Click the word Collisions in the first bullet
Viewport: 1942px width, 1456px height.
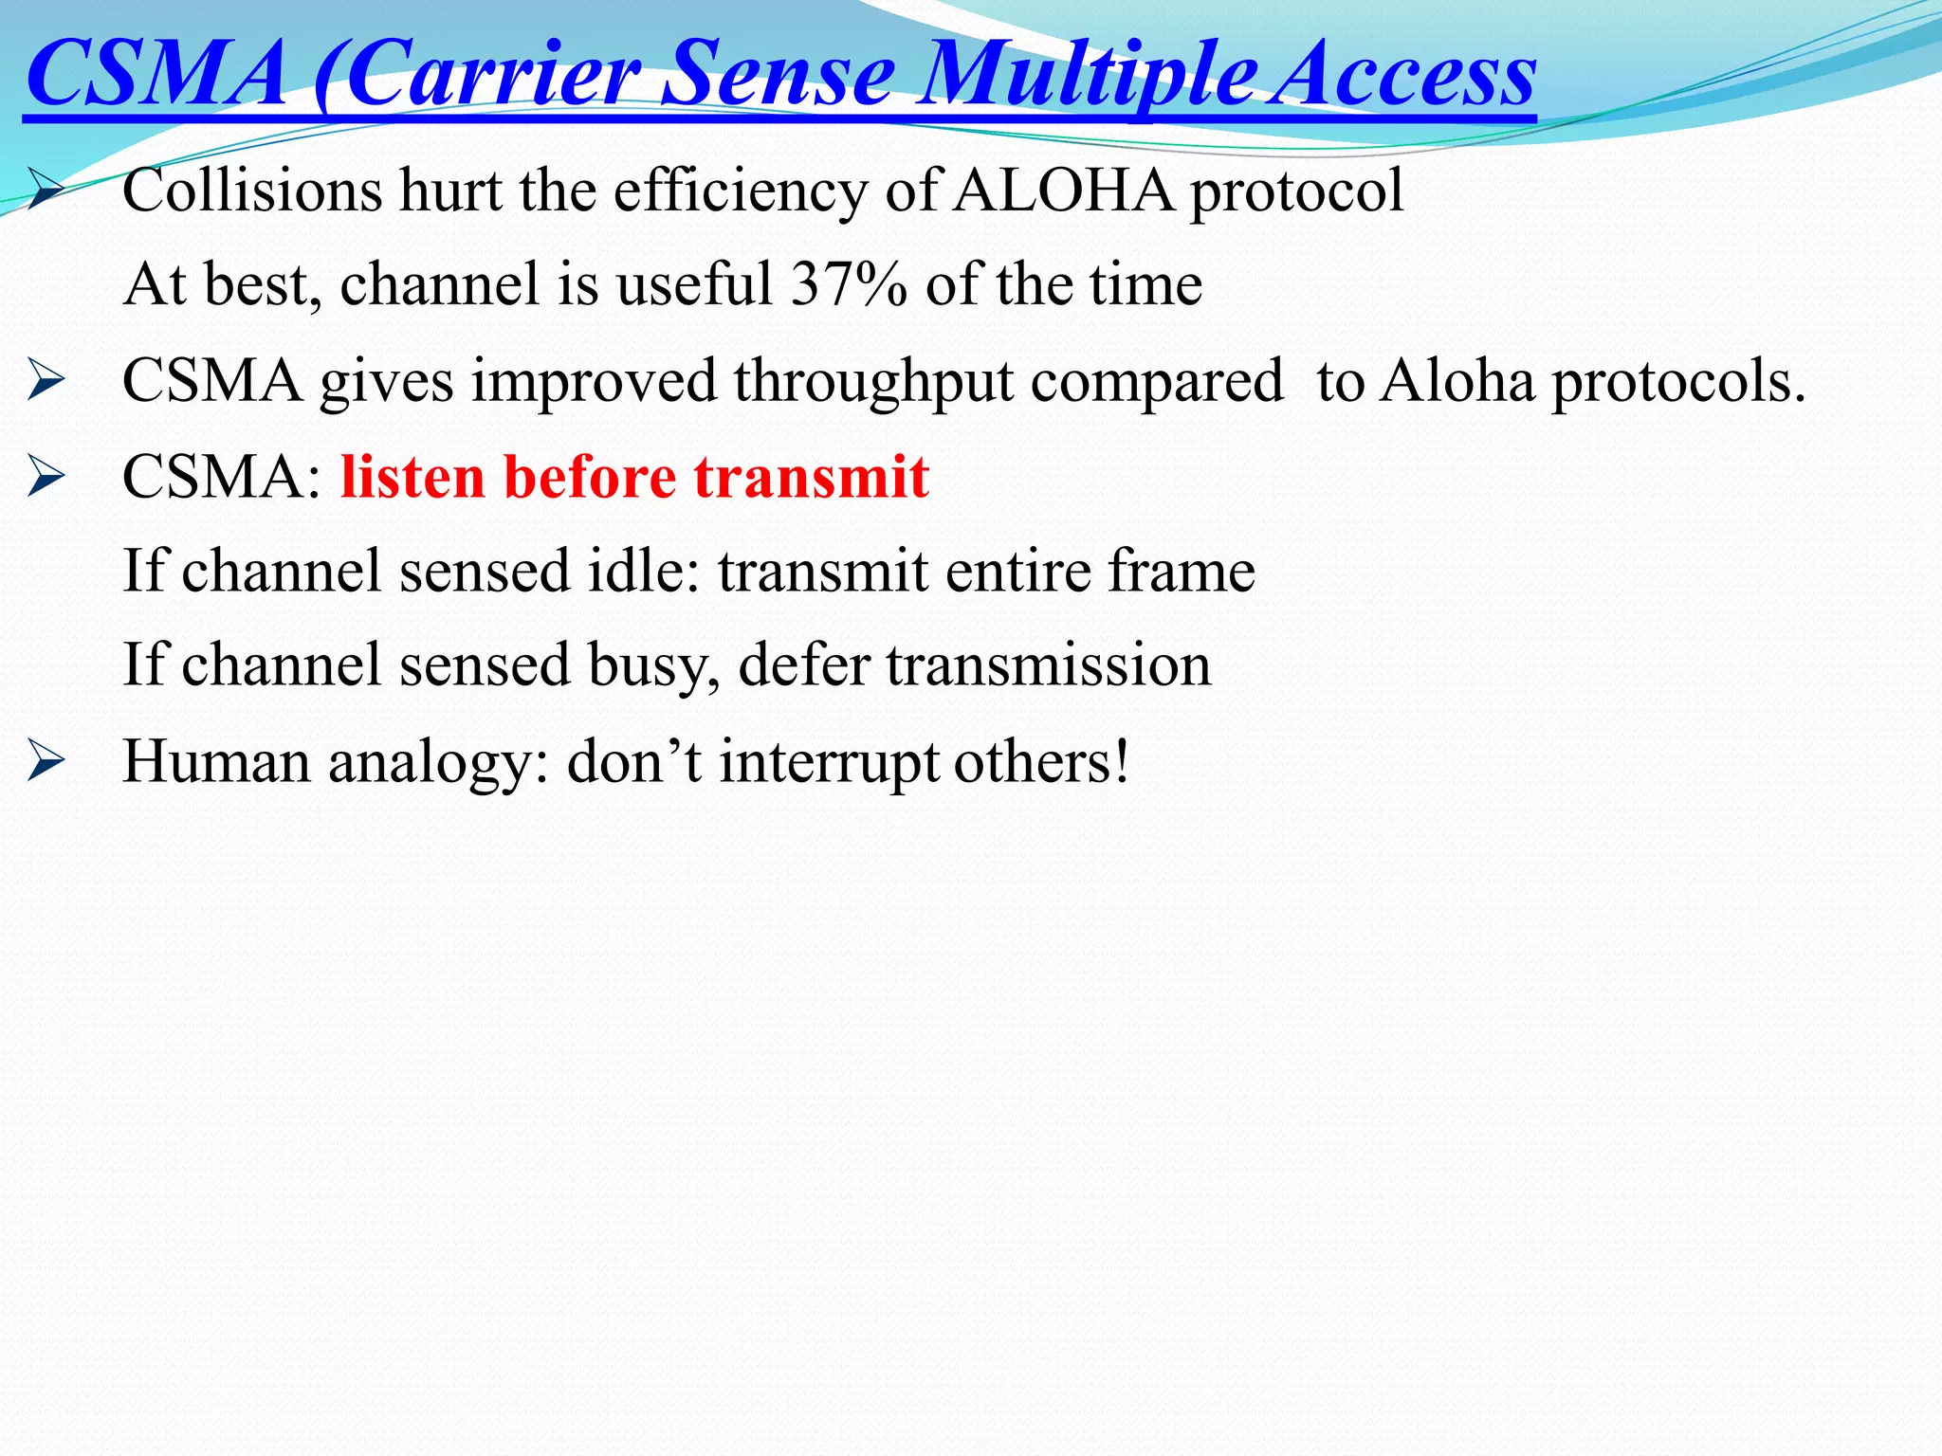tap(252, 191)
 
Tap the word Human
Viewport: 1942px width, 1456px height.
tap(217, 761)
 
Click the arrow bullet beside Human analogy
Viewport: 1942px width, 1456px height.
tap(46, 761)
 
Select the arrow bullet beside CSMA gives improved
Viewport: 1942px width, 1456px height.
tap(46, 382)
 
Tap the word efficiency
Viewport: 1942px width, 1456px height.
tap(740, 191)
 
